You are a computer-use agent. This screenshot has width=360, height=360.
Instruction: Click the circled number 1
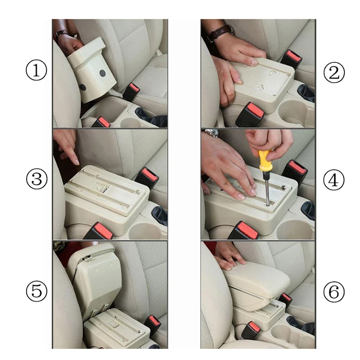[36, 70]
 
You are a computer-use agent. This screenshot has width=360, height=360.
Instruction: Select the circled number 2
[334, 72]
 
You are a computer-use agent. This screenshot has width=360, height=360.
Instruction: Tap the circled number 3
[37, 179]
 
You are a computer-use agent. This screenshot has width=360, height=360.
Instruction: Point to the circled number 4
[334, 180]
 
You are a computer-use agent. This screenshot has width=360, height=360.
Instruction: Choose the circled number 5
[36, 291]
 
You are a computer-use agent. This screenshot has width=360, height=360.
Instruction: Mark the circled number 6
[334, 292]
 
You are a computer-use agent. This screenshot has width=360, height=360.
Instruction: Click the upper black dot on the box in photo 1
[103, 73]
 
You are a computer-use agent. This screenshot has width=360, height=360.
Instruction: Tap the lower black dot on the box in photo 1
[83, 87]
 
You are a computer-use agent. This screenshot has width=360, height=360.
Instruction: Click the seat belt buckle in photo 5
[153, 324]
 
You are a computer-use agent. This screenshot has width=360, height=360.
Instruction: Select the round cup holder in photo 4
[295, 229]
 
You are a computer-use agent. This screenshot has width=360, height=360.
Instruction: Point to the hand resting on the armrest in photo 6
[229, 256]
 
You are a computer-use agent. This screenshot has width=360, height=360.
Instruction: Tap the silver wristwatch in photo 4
[211, 132]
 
